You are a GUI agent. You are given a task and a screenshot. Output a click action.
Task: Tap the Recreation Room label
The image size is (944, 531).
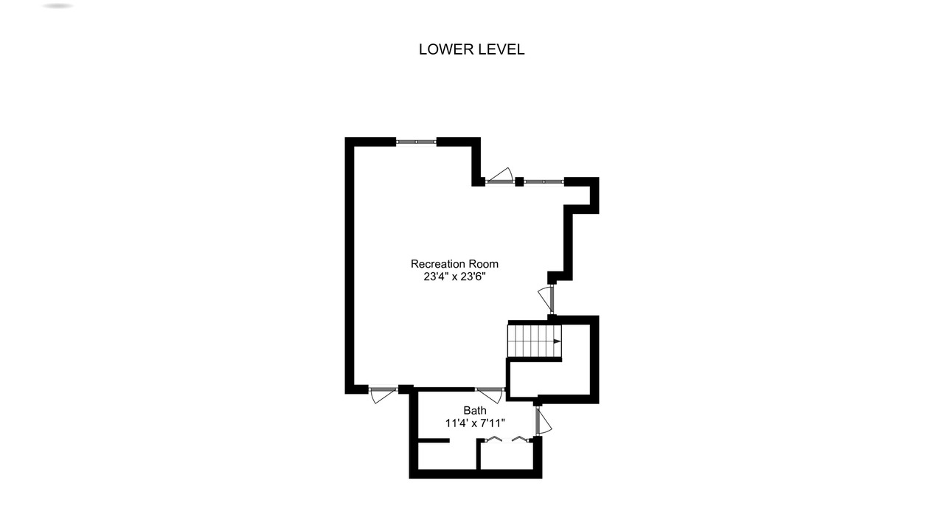pos(454,264)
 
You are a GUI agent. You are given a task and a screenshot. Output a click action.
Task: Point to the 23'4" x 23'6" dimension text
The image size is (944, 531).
pos(455,277)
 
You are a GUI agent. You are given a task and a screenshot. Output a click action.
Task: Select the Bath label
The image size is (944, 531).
pos(475,411)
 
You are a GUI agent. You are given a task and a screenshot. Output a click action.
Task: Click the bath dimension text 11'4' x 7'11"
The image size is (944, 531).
pos(475,423)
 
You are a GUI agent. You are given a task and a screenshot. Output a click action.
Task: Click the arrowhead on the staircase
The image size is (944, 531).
pos(558,341)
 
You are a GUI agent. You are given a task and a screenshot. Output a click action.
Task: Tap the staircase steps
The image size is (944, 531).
pos(535,341)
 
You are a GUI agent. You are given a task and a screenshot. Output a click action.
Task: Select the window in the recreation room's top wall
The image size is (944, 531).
pos(416,142)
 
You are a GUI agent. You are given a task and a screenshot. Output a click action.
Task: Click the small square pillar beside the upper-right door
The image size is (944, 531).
pos(519,181)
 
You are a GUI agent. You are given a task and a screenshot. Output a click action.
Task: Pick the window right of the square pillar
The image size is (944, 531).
pos(544,181)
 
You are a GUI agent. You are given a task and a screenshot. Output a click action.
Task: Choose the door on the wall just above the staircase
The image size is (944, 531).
pos(546,299)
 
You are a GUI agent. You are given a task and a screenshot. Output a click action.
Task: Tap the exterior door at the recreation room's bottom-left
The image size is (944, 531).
pos(383,395)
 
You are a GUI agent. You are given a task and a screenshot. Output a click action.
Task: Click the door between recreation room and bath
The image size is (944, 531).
pos(490,395)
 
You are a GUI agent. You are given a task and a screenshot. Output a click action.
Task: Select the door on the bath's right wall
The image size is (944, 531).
pos(544,421)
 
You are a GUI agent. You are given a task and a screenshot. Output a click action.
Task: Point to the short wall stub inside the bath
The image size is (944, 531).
pos(434,441)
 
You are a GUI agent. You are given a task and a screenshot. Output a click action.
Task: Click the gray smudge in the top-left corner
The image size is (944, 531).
pos(58,6)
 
